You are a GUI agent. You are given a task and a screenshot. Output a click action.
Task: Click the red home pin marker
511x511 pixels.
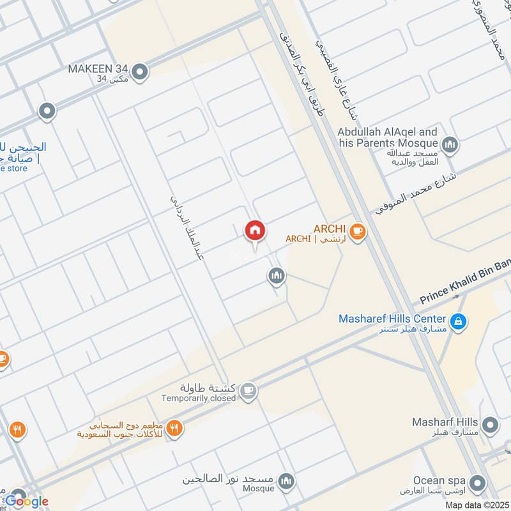[x=255, y=231]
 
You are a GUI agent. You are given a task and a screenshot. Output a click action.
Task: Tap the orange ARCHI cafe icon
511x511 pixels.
[x=357, y=231]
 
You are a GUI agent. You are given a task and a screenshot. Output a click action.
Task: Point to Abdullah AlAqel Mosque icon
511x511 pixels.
[x=450, y=146]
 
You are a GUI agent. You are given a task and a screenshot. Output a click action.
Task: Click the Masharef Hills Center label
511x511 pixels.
[x=392, y=318]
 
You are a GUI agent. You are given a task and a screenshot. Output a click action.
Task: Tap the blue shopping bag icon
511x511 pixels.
[x=457, y=323]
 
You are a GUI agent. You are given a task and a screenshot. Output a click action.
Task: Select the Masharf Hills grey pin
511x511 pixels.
[x=490, y=425]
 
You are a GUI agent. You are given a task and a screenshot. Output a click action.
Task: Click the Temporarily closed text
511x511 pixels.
[x=198, y=398]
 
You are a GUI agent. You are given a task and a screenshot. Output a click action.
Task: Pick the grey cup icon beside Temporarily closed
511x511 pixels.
[x=249, y=393]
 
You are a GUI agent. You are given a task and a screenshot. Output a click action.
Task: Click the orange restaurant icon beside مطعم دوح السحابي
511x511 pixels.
[x=173, y=429]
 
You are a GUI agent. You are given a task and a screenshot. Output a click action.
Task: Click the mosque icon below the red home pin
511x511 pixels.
[x=276, y=276]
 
